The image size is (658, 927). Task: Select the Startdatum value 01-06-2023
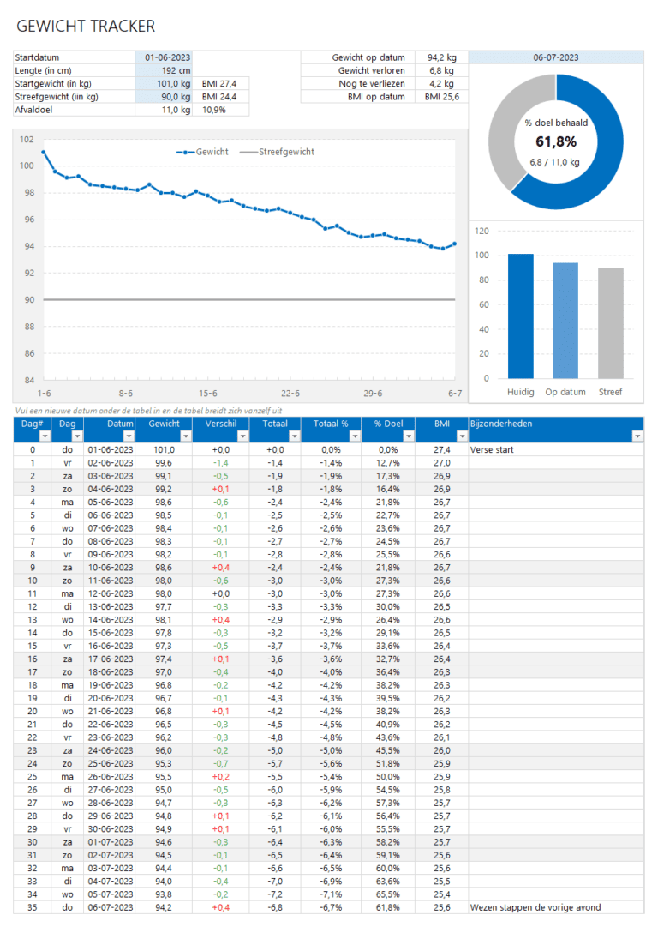click(167, 57)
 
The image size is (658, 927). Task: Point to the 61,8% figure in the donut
click(556, 141)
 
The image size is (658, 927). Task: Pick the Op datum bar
click(565, 320)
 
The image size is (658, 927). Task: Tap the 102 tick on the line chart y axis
click(26, 139)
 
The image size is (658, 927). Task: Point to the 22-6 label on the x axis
click(290, 393)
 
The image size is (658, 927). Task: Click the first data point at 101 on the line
click(44, 153)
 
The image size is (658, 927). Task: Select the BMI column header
click(441, 423)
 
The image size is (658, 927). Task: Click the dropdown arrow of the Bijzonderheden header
click(637, 436)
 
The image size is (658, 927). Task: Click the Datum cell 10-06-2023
click(111, 567)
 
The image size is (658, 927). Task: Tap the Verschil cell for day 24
click(221, 763)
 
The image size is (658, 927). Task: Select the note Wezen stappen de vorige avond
click(535, 907)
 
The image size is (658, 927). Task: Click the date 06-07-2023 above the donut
click(555, 57)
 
